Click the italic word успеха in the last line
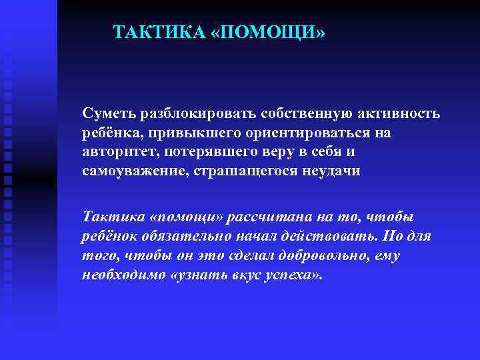pyautogui.click(x=286, y=275)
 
